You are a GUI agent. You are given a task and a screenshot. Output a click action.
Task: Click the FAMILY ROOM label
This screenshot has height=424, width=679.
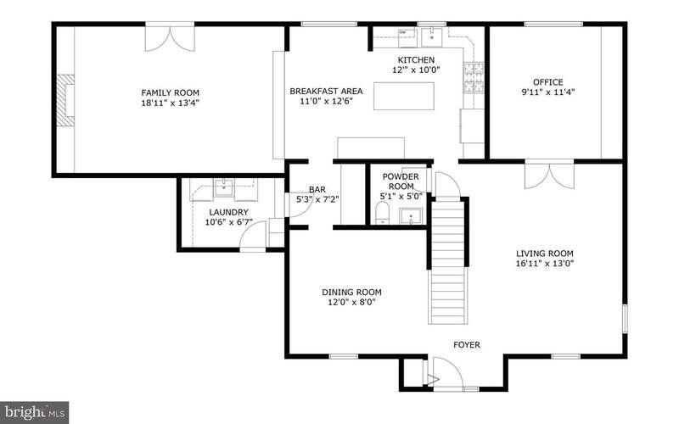[171, 92]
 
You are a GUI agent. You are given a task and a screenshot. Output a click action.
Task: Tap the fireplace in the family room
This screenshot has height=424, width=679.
[66, 100]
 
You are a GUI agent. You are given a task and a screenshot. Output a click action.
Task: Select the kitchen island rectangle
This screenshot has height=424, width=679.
[404, 96]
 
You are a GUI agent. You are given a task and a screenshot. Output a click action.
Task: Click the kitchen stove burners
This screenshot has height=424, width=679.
[474, 78]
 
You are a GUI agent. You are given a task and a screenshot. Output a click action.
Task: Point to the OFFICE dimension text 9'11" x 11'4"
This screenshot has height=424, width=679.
[547, 92]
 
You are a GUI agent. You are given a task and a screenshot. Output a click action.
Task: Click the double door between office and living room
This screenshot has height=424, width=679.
[549, 176]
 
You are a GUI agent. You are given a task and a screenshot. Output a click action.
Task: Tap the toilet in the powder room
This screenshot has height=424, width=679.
[382, 214]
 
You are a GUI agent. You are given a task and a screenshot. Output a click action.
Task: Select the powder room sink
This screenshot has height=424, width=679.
[411, 216]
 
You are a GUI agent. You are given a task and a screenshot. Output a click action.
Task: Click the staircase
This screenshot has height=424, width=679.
[448, 261]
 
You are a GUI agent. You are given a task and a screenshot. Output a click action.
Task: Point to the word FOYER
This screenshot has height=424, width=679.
[466, 345]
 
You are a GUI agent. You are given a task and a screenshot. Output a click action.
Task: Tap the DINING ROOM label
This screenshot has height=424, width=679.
[351, 292]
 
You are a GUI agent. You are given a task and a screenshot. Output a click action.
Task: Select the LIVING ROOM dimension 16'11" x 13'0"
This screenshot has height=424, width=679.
[545, 264]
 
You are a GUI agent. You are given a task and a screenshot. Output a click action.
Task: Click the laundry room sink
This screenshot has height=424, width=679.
[224, 187]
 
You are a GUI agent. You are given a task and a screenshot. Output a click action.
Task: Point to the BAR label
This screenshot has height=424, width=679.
[317, 189]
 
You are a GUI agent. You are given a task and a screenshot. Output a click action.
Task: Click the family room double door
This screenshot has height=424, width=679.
[170, 38]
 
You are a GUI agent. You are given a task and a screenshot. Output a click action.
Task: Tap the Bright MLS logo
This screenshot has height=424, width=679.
[34, 411]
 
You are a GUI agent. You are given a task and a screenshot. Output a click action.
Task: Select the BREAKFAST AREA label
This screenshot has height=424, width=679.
[326, 92]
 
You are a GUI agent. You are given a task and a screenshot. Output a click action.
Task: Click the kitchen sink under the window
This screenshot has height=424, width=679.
[431, 36]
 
